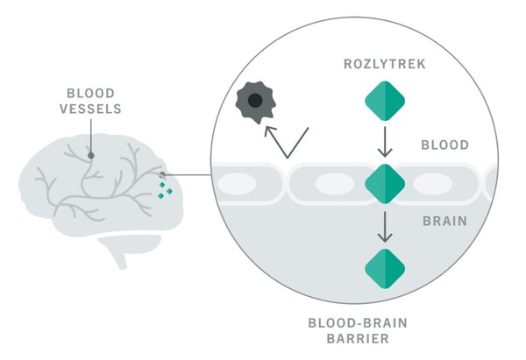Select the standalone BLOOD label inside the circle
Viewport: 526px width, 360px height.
pyautogui.click(x=444, y=145)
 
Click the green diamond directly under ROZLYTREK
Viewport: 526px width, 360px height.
pyautogui.click(x=385, y=101)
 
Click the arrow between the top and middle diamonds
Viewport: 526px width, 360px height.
pyautogui.click(x=385, y=140)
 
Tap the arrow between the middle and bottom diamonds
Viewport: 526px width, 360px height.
pyautogui.click(x=385, y=226)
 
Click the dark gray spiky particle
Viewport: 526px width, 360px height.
pyautogui.click(x=254, y=102)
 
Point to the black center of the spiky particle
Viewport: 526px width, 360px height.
pyautogui.click(x=254, y=101)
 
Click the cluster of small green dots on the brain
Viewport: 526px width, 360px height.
pyautogui.click(x=165, y=188)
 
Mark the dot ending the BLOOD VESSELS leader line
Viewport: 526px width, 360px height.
pyautogui.click(x=91, y=155)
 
